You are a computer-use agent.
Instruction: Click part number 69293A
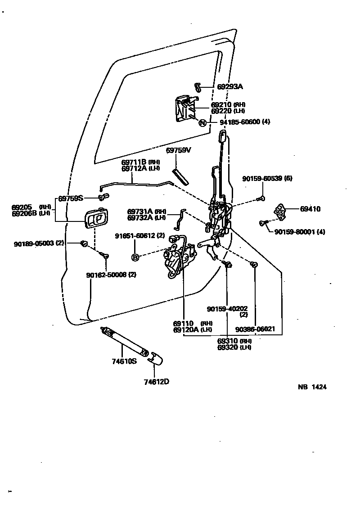coord(230,86)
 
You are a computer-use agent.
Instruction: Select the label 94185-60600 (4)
coord(245,122)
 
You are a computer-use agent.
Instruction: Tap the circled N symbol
coord(202,123)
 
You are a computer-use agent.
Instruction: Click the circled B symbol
coord(135,257)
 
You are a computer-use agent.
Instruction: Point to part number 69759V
coord(179,150)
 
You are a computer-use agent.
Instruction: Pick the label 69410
coord(310,209)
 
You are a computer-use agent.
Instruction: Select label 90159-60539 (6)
coord(267,179)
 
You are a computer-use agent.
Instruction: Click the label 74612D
coord(157,382)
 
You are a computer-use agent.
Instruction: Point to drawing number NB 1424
coord(312,387)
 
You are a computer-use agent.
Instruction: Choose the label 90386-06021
coord(255,329)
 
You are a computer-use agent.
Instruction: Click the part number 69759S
coord(71,198)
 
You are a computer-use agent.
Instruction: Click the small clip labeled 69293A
coord(197,86)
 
